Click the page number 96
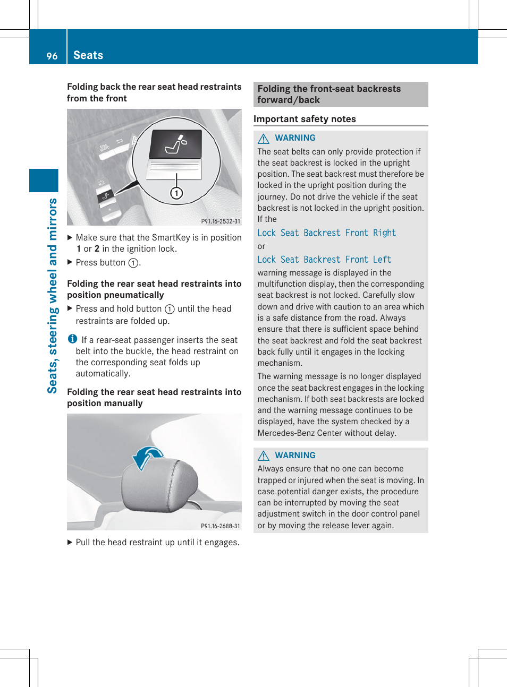(52, 56)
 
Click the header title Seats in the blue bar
(88, 55)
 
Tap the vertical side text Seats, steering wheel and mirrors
(52, 295)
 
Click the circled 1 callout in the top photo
(176, 193)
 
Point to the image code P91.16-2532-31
(221, 221)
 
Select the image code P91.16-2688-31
(221, 526)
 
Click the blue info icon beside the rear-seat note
(73, 339)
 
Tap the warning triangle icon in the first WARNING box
(264, 139)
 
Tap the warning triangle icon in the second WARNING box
(264, 456)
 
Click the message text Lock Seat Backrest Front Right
(326, 233)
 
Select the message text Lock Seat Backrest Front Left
(324, 260)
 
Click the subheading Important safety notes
(305, 119)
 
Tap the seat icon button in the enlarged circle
(176, 144)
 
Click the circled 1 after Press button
(133, 263)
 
